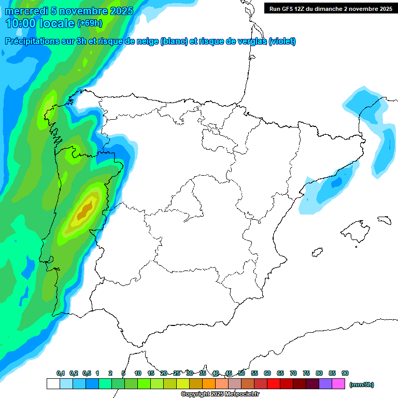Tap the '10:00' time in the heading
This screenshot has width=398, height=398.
tap(20, 23)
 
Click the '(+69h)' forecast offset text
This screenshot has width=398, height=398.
tap(90, 23)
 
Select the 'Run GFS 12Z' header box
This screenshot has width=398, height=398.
tap(331, 9)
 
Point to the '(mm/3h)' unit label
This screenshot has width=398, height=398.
tap(361, 385)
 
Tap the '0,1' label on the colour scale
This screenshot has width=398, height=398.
tap(61, 374)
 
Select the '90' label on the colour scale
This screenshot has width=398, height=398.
tap(345, 374)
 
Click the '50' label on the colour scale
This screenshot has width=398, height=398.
tap(241, 374)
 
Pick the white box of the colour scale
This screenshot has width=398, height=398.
tap(53, 384)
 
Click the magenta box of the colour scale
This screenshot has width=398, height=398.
tap(338, 384)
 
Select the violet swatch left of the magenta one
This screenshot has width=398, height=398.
tap(325, 384)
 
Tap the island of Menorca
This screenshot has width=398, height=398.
tap(384, 220)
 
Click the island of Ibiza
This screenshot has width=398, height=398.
tap(317, 252)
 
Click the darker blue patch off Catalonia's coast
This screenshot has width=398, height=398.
tap(336, 183)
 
